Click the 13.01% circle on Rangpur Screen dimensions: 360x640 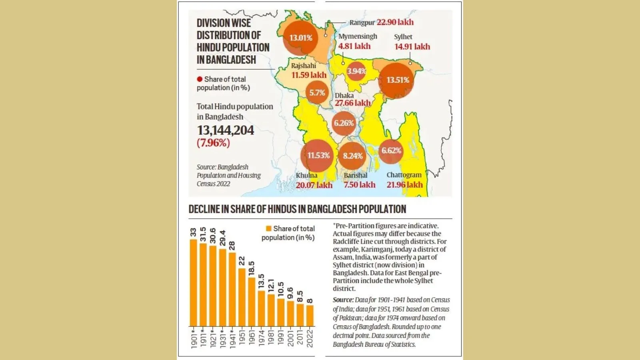coord(301,38)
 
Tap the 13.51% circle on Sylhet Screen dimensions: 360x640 coord(397,80)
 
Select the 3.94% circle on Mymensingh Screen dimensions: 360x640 coord(356,71)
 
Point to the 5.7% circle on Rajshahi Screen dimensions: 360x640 coord(317,93)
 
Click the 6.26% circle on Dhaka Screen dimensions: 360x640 coord(344,123)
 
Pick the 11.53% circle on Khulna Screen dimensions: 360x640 coord(318,155)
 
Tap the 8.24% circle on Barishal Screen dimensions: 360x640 coord(353,156)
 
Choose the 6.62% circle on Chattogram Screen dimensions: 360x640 coord(391,151)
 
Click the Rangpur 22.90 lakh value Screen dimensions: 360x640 coord(395,22)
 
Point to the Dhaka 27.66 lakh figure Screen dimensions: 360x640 coord(353,103)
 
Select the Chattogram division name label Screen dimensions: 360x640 coord(404,175)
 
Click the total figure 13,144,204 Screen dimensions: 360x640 coord(225,130)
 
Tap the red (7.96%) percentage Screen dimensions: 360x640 coord(213,143)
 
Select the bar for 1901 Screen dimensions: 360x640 coord(194,282)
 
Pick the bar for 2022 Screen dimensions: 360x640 coord(310,316)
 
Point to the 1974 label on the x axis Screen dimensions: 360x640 coord(261,338)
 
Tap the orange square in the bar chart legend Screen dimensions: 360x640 coord(269,228)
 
